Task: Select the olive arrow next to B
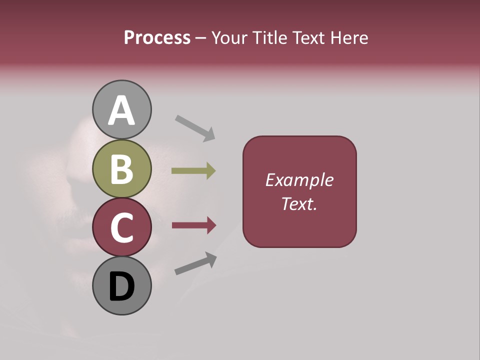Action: pos(193,171)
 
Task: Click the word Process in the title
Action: pos(157,37)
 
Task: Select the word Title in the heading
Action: pos(269,37)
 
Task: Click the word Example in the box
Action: pos(299,180)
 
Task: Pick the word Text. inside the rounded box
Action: pos(299,203)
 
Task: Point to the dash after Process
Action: pos(200,38)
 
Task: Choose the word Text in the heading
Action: pos(307,37)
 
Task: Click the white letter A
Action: pos(121,110)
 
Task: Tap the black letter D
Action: pos(121,286)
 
